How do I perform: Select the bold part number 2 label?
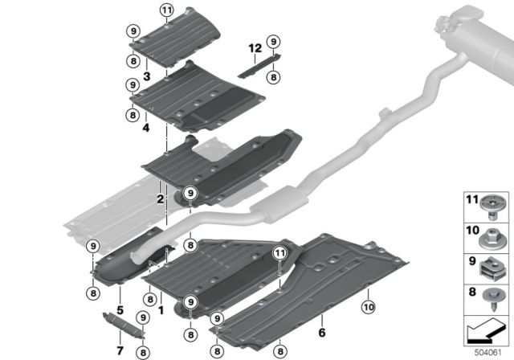point(161,198)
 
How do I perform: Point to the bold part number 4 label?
point(147,128)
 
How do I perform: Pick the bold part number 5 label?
point(119,309)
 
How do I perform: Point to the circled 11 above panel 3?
point(166,10)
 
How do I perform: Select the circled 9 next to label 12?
point(274,42)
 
